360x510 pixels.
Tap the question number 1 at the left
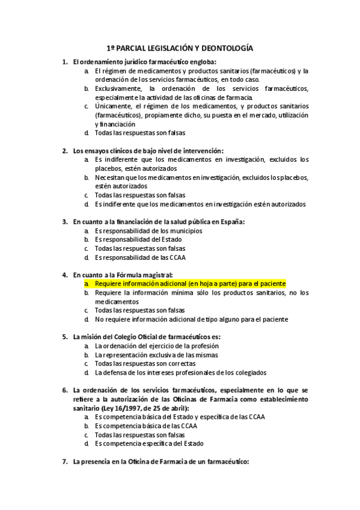64,62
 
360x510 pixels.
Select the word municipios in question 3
183,230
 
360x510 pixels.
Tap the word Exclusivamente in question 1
117,88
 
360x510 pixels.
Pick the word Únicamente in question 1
113,106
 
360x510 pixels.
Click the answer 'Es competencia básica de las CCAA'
146,425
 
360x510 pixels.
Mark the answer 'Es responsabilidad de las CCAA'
140,257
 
